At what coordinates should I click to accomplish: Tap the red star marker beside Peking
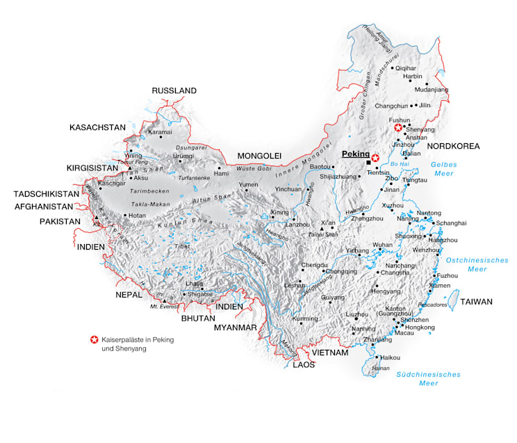coord(375,158)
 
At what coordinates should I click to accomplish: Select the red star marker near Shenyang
coord(398,128)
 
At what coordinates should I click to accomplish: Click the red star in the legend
coord(93,339)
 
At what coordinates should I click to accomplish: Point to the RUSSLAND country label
coord(174,91)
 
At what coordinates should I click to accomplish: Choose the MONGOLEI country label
coord(258,155)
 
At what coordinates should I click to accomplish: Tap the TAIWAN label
coord(476,302)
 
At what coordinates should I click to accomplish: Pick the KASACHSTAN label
coord(97,128)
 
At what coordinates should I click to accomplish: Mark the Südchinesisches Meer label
coord(428,378)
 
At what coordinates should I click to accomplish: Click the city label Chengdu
coord(313,265)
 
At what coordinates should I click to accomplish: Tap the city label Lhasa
coord(194,284)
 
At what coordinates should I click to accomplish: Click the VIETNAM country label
coord(329,353)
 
